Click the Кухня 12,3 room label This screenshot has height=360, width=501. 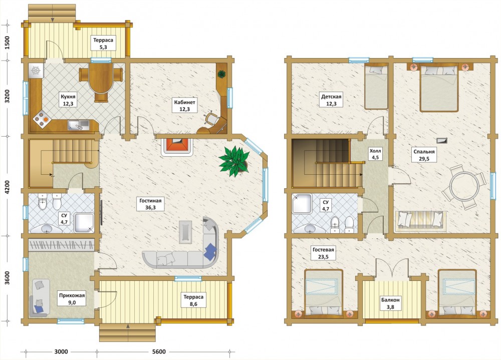pyautogui.click(x=68, y=100)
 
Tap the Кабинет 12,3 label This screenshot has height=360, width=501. pyautogui.click(x=185, y=106)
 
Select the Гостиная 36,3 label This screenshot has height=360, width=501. pyautogui.click(x=150, y=204)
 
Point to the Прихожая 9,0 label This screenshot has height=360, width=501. pyautogui.click(x=72, y=299)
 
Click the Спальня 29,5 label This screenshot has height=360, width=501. pyautogui.click(x=424, y=155)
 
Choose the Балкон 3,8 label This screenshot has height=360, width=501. pyautogui.click(x=390, y=303)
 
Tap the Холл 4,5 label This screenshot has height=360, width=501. pyautogui.click(x=375, y=154)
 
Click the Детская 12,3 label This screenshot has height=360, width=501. pyautogui.click(x=331, y=100)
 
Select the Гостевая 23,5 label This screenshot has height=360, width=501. pyautogui.click(x=323, y=253)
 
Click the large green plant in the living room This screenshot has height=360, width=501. pyautogui.click(x=234, y=161)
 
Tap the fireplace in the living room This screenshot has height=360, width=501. pyautogui.click(x=176, y=147)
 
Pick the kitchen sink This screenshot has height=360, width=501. pyautogui.click(x=79, y=125)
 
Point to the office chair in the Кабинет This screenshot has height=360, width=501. pyautogui.click(x=211, y=118)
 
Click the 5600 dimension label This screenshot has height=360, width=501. pyautogui.click(x=159, y=351)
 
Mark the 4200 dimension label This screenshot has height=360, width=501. pyautogui.click(x=8, y=187)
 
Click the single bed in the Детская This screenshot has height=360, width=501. pyautogui.click(x=376, y=86)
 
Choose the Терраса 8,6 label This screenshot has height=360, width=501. pyautogui.click(x=193, y=300)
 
